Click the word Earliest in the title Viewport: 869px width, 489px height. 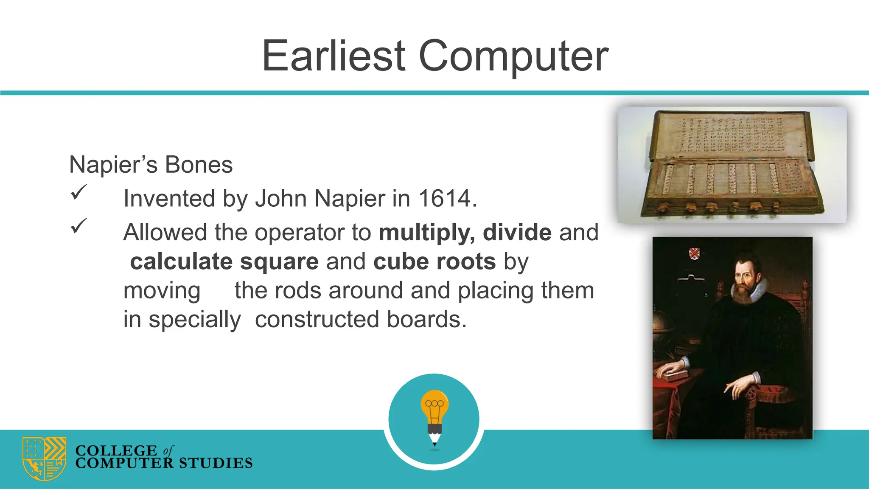(x=334, y=56)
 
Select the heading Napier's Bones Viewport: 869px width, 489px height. (x=151, y=165)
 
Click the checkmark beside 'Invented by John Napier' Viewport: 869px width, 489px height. (x=78, y=192)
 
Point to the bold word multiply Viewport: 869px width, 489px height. (x=426, y=233)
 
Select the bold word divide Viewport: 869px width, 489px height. (x=517, y=233)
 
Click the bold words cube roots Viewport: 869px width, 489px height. (x=434, y=261)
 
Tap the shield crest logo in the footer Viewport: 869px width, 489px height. (x=44, y=458)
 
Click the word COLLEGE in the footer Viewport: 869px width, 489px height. (x=116, y=450)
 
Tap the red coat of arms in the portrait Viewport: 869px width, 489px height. (x=695, y=254)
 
